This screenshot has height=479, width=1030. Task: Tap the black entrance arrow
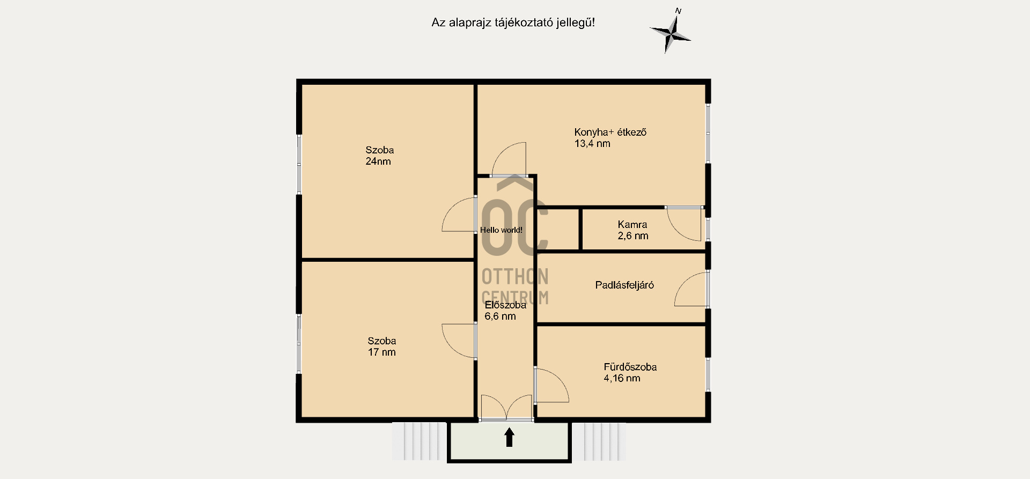509,437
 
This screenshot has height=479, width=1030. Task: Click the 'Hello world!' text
501,230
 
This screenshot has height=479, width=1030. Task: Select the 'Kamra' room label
632,225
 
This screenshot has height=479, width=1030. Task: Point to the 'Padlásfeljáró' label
624,285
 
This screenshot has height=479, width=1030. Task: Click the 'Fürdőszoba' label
630,367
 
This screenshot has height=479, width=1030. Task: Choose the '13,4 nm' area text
592,144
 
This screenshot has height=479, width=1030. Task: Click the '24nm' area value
378,161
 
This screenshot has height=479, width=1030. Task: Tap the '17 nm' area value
381,352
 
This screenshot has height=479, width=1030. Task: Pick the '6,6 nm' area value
500,316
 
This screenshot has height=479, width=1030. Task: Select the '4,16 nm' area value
622,378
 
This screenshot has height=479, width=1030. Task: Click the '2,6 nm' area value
633,236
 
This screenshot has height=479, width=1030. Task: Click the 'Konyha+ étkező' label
610,132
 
